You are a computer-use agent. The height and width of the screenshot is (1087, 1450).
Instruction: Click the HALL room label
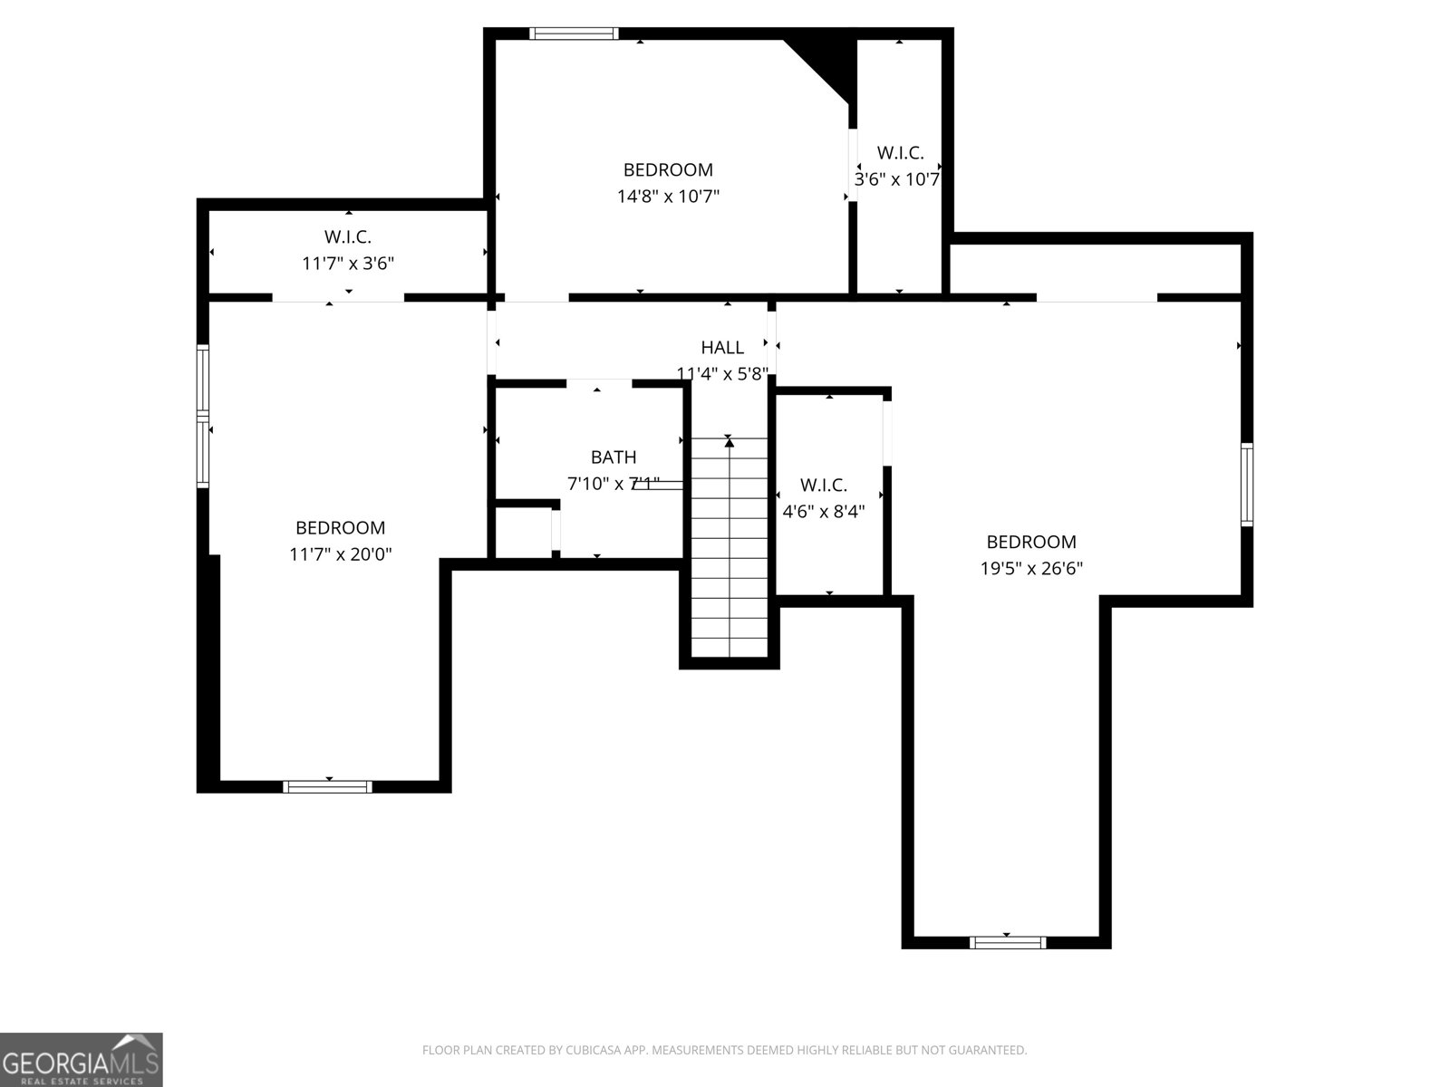[x=722, y=347]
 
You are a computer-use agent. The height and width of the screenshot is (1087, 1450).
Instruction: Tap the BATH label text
[x=614, y=457]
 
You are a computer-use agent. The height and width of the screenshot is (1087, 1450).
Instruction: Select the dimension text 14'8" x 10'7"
[x=668, y=197]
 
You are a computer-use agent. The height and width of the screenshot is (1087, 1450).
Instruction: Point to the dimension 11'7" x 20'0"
[x=340, y=554]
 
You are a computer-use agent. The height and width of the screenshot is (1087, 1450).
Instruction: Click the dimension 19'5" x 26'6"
[x=1031, y=568]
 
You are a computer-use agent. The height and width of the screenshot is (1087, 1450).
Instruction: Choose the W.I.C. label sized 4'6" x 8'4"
[x=823, y=486]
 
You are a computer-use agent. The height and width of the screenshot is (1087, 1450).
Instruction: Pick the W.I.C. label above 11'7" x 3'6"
[x=347, y=236]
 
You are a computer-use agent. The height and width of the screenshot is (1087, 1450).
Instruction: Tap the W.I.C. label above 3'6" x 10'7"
[x=901, y=153]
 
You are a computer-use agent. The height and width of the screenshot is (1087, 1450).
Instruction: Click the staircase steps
[x=730, y=547]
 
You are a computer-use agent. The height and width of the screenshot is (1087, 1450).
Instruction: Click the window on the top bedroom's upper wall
[x=574, y=34]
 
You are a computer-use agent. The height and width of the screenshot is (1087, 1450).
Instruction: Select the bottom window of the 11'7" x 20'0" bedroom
[x=328, y=786]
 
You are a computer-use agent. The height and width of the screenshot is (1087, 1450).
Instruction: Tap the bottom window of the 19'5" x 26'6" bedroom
[x=1008, y=942]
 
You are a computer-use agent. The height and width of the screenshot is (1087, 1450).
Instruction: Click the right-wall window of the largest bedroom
[x=1246, y=485]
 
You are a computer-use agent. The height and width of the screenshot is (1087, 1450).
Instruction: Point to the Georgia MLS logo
[x=82, y=1059]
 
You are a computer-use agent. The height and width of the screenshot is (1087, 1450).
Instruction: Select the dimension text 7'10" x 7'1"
[x=614, y=484]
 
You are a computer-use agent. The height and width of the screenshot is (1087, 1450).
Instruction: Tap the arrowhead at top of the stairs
[x=730, y=443]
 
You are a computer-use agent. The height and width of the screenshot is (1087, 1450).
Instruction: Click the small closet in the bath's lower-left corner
[x=523, y=532]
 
